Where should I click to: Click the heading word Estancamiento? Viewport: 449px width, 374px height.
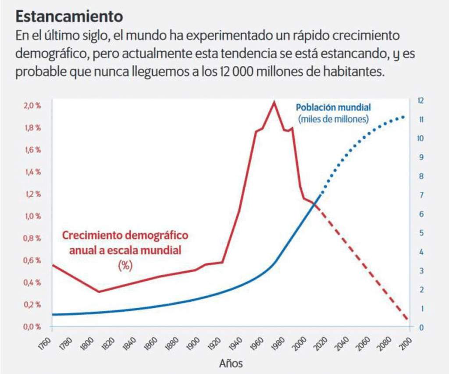pyautogui.click(x=69, y=17)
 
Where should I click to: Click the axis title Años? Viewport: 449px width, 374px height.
pyautogui.click(x=230, y=363)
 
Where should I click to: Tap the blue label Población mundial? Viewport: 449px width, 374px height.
pyautogui.click(x=333, y=108)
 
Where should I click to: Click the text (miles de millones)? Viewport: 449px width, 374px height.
pyautogui.click(x=333, y=119)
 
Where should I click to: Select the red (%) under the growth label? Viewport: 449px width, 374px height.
pyautogui.click(x=125, y=264)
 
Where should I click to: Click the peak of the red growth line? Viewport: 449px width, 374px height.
pyautogui.click(x=274, y=102)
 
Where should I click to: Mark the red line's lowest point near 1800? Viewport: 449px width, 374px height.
pyautogui.click(x=99, y=291)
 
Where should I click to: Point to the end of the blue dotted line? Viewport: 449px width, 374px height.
pyautogui.click(x=403, y=117)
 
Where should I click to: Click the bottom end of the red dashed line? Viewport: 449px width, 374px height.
pyautogui.click(x=407, y=319)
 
